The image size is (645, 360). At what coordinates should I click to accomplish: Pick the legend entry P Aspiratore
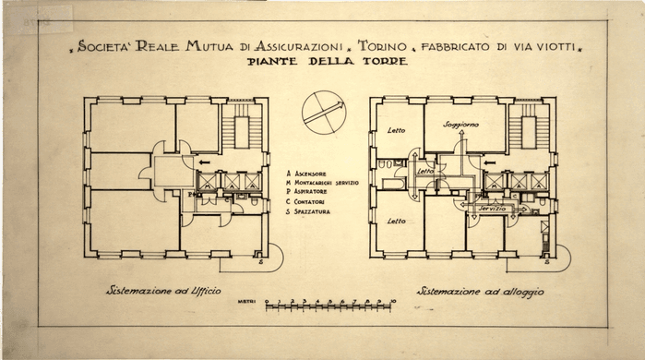[x=317, y=193]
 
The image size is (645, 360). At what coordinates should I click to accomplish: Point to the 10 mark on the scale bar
[x=392, y=302]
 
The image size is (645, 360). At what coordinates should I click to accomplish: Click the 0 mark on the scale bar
[x=266, y=302]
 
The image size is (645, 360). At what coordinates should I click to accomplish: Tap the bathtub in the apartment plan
[x=390, y=195]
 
